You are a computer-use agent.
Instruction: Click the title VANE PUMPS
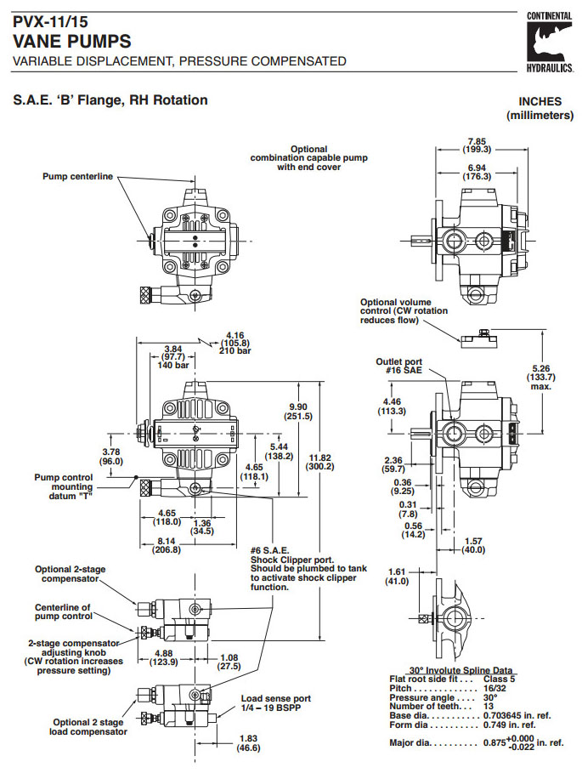(72, 41)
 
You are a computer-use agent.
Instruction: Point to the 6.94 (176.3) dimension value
(478, 172)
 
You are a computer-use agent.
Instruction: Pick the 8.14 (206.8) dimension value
(166, 545)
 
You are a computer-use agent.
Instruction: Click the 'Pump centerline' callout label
(77, 177)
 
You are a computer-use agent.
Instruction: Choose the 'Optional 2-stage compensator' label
(71, 574)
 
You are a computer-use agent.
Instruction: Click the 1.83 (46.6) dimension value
(249, 743)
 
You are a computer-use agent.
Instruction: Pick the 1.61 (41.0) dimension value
(396, 577)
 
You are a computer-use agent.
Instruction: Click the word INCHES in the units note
(540, 100)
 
